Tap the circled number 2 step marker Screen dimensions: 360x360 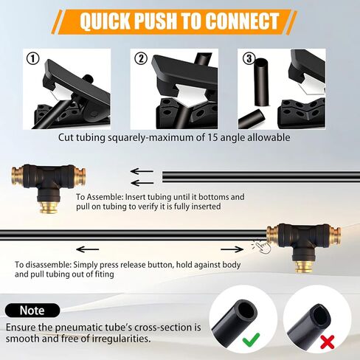point(140,58)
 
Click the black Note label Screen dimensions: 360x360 point(32,311)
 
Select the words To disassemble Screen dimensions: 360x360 point(45,264)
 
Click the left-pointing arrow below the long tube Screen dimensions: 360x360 point(88,249)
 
